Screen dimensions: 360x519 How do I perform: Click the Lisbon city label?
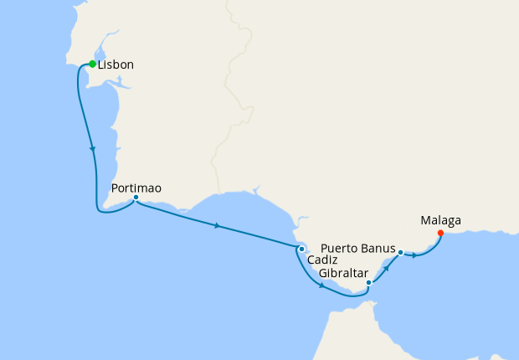pyautogui.click(x=116, y=64)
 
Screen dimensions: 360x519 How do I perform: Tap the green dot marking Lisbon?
pyautogui.click(x=92, y=64)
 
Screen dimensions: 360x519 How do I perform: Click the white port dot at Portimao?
pyautogui.click(x=136, y=198)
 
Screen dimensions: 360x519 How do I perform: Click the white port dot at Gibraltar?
pyautogui.click(x=368, y=283)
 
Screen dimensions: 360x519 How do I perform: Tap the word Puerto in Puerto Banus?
pyautogui.click(x=341, y=248)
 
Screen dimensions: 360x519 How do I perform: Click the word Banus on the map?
pyautogui.click(x=378, y=248)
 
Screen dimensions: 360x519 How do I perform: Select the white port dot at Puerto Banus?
pyautogui.click(x=400, y=252)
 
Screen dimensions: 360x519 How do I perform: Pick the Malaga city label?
pyautogui.click(x=440, y=221)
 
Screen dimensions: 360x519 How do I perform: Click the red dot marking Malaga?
pyautogui.click(x=440, y=233)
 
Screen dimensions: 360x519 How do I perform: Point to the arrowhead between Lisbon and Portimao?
pyautogui.click(x=92, y=149)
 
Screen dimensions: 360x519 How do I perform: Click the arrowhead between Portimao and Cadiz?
pyautogui.click(x=218, y=225)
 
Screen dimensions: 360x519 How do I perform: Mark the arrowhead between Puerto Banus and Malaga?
pyautogui.click(x=414, y=255)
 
